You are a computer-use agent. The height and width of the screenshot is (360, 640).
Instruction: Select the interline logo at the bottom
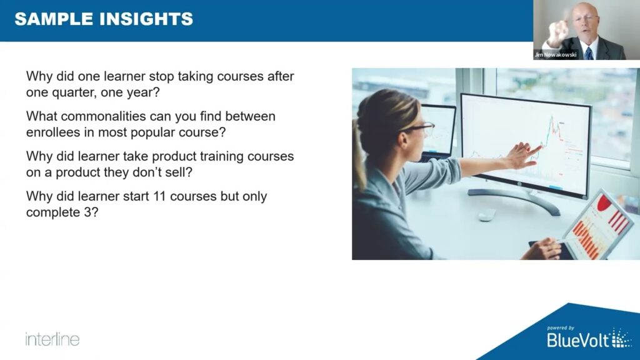[x=52, y=339]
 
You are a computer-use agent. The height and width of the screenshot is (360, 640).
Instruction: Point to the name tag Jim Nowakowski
[x=556, y=55]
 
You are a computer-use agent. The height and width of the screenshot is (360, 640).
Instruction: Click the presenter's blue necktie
[x=589, y=54]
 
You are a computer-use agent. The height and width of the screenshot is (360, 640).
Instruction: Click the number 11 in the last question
[x=159, y=196]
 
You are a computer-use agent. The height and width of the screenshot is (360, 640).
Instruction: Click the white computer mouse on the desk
[x=487, y=214]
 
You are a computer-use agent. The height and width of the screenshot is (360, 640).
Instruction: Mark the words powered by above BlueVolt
[x=561, y=327]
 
